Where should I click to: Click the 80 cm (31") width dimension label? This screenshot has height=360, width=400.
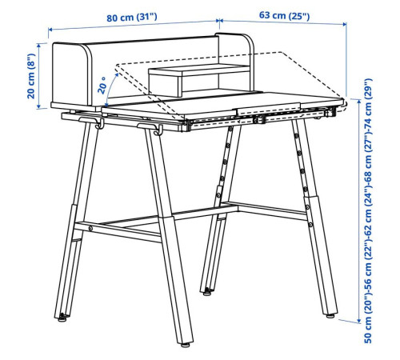point(132,18)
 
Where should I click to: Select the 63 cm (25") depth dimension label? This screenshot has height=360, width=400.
point(284,15)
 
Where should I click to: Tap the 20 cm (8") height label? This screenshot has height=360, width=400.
point(31,76)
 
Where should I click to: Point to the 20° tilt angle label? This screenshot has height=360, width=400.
point(102,86)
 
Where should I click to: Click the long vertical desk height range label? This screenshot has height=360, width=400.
point(367,210)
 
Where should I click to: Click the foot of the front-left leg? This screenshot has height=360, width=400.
point(62,318)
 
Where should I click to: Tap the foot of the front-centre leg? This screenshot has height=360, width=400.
point(185,345)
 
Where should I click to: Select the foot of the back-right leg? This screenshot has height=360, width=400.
point(330,315)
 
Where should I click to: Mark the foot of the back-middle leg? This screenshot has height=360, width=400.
point(207,293)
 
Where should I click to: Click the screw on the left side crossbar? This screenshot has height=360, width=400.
point(90,228)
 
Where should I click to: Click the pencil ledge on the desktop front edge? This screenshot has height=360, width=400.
point(268,109)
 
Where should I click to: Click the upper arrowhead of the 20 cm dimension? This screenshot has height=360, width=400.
point(39,46)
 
